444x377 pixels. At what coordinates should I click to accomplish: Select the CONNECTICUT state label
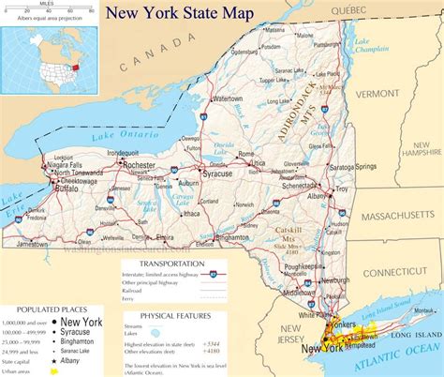(393, 272)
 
